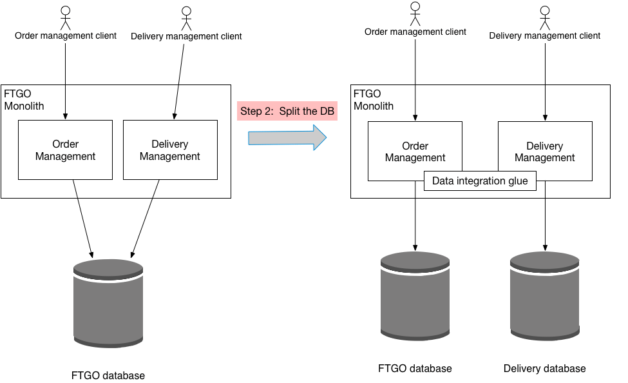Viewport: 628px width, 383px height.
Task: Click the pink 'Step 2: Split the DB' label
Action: pyautogui.click(x=287, y=111)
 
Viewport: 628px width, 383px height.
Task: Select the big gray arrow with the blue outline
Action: pyautogui.click(x=287, y=137)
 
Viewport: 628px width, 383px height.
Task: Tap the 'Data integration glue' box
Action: pyautogui.click(x=480, y=181)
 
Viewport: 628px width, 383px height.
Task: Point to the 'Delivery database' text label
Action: pyautogui.click(x=545, y=369)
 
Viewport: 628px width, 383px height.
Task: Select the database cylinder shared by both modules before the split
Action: pyautogui.click(x=108, y=303)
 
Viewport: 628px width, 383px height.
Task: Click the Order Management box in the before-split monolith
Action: pyautogui.click(x=65, y=150)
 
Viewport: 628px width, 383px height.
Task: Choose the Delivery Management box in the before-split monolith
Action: pyautogui.click(x=170, y=150)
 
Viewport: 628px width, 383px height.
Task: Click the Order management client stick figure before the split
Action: pyautogui.click(x=65, y=17)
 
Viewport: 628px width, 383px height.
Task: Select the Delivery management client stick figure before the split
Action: pyautogui.click(x=186, y=18)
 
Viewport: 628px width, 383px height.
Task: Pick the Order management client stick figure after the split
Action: pyautogui.click(x=415, y=14)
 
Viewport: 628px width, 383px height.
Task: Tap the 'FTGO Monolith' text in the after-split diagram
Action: pyautogui.click(x=374, y=100)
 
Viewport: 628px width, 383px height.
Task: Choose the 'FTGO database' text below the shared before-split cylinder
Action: pyautogui.click(x=108, y=375)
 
